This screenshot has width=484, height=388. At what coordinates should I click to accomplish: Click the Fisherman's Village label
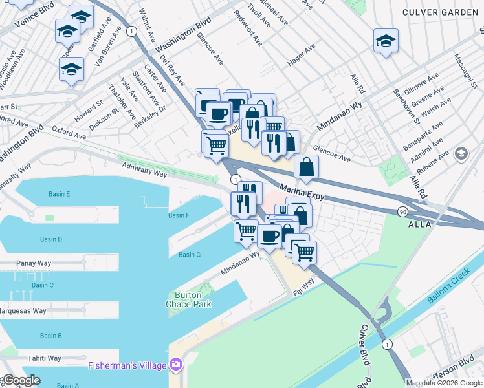127,366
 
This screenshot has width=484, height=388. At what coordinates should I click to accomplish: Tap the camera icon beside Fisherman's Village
175,365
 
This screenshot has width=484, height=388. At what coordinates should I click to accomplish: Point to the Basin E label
59,194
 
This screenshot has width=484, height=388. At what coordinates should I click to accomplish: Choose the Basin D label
51,239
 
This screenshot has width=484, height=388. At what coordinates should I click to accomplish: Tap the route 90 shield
402,212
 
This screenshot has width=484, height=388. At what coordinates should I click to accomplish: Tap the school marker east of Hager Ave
385,41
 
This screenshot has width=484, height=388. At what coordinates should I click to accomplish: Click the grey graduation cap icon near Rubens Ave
461,154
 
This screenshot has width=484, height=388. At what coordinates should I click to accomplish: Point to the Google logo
22,380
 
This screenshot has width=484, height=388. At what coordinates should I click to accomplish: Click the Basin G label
190,255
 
